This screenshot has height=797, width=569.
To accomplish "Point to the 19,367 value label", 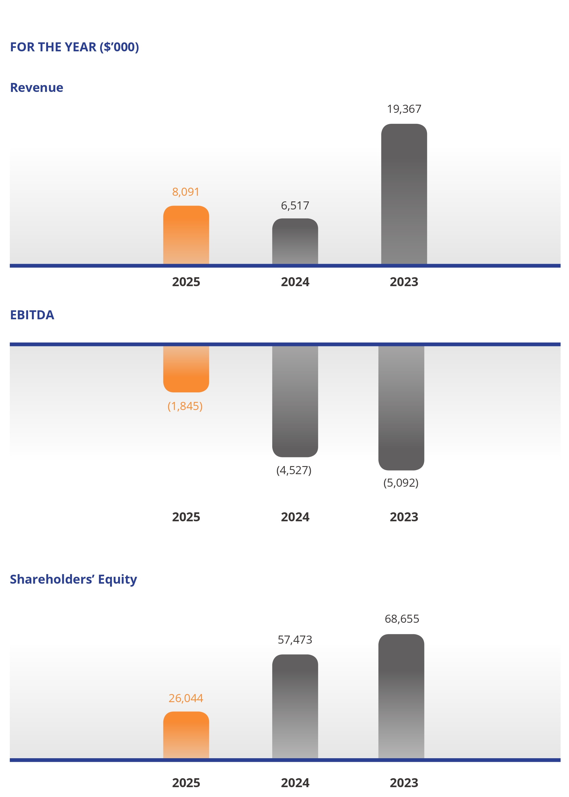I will tap(404, 109).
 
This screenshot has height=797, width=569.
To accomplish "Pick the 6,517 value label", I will tap(295, 205).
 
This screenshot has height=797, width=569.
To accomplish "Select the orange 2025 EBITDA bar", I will tap(186, 369).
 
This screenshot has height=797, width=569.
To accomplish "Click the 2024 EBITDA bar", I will tap(295, 401).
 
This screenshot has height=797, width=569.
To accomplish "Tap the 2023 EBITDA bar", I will tap(401, 408).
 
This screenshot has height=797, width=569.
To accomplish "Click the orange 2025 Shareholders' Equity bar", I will tap(186, 735).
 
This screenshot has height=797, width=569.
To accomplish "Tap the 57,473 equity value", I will tap(295, 640).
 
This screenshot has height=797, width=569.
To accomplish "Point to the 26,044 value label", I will tap(186, 698).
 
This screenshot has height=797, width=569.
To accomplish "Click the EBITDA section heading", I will tap(32, 315).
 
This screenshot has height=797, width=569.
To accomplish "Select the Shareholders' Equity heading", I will tap(73, 579).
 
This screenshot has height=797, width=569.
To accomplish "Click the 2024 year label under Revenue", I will tap(295, 282).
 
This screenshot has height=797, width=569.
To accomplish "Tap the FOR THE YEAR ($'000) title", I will tap(75, 47).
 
